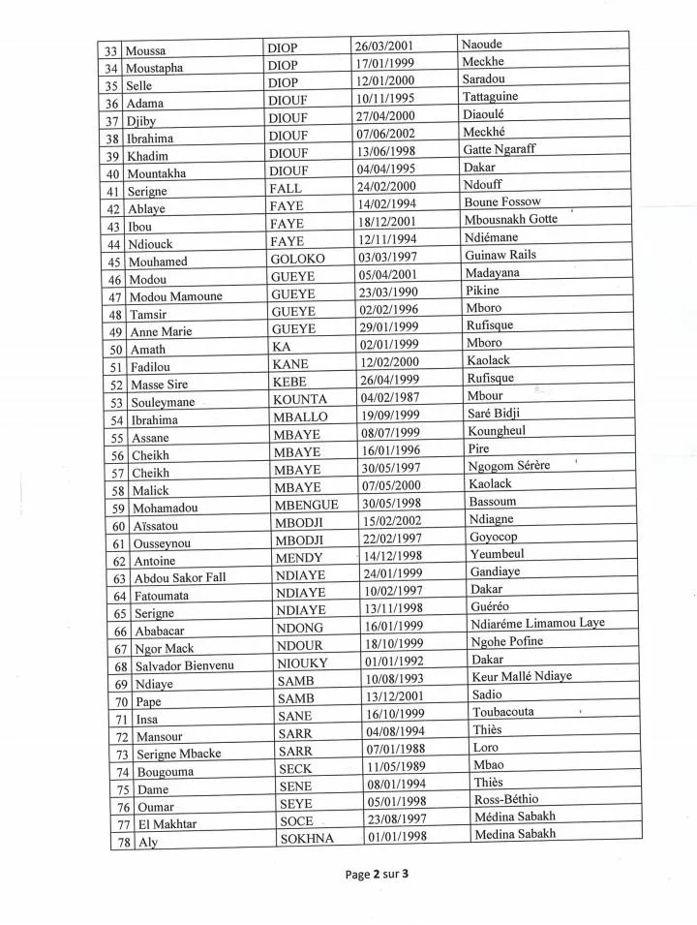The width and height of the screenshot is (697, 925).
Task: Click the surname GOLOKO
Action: tap(299, 260)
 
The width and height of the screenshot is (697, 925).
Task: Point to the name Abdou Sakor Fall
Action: tap(178, 577)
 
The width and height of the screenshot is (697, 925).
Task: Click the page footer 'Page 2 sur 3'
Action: tap(377, 875)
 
